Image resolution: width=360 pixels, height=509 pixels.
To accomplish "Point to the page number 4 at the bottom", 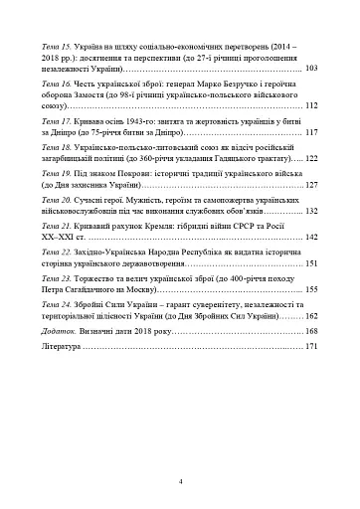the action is pyautogui.click(x=180, y=480).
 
